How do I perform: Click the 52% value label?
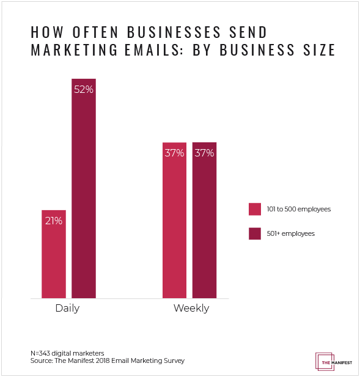pyautogui.click(x=83, y=89)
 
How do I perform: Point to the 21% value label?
pyautogui.click(x=53, y=221)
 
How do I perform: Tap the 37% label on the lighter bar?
pyautogui.click(x=174, y=153)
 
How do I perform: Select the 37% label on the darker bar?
pyautogui.click(x=204, y=153)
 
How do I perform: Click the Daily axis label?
pyautogui.click(x=67, y=308)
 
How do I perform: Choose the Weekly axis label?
pyautogui.click(x=191, y=308)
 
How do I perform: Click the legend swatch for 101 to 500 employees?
pyautogui.click(x=255, y=209)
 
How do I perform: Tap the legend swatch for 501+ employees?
pyautogui.click(x=255, y=233)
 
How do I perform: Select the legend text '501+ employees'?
pyautogui.click(x=290, y=233)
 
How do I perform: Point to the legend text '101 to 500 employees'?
pyautogui.click(x=298, y=209)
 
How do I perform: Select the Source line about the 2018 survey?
pyautogui.click(x=107, y=361)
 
